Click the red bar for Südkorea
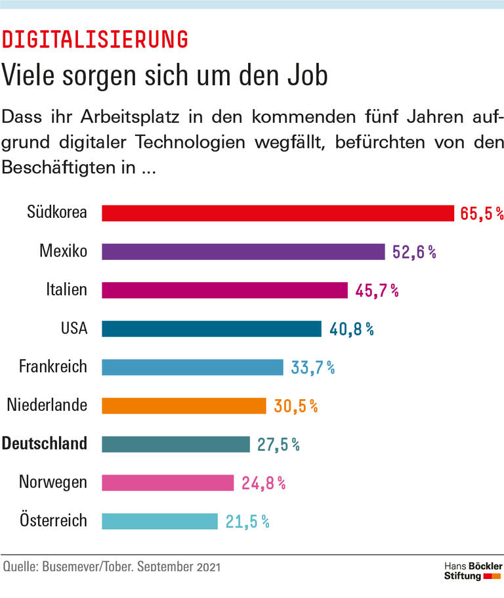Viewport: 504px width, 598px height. tap(278, 213)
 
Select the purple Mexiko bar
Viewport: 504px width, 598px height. tap(243, 252)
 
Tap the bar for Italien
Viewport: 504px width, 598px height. tap(224, 290)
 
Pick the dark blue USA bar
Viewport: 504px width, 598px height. tap(211, 329)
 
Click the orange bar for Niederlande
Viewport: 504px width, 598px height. tap(184, 406)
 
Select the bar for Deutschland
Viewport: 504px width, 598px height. tap(176, 444)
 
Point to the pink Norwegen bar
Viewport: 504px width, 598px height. tap(168, 483)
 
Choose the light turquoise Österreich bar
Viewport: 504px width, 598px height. tap(159, 521)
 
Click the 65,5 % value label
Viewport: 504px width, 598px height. tap(481, 214)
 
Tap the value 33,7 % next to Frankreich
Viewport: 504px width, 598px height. tap(312, 368)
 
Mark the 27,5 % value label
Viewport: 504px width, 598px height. tap(278, 444)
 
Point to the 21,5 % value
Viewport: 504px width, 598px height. tap(247, 522)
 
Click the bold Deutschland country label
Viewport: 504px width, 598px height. tap(45, 444)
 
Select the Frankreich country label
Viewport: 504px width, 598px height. tap(52, 366)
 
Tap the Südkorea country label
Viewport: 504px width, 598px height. tap(57, 212)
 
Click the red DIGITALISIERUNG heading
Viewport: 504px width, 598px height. tap(95, 40)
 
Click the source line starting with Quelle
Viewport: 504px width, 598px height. tap(112, 566)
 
